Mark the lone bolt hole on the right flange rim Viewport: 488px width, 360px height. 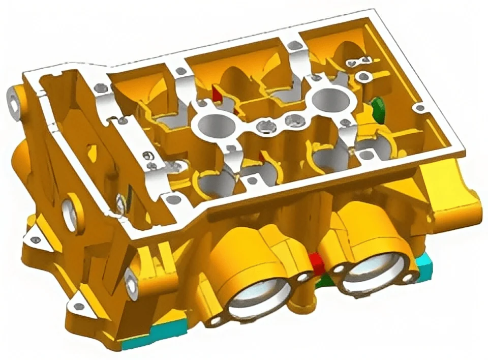tap(419, 108)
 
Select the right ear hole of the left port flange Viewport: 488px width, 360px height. tap(304, 277)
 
